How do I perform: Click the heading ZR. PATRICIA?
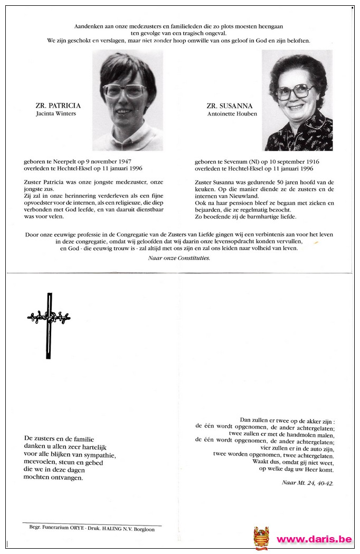[x=58, y=106]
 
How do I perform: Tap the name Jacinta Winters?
[x=56, y=113]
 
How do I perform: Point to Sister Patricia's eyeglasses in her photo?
[x=125, y=91]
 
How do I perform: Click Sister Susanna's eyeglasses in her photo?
[x=296, y=92]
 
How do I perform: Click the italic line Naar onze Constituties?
[x=179, y=258]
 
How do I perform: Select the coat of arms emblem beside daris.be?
[x=261, y=538]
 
